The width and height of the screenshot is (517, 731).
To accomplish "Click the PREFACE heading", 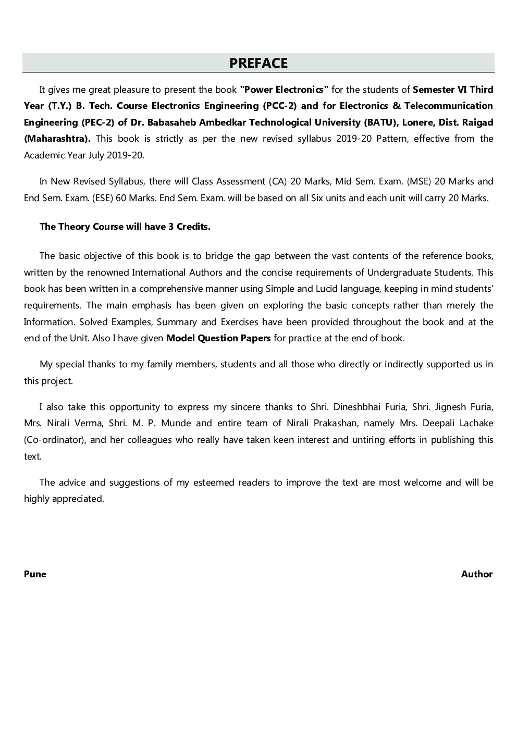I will tap(258, 63).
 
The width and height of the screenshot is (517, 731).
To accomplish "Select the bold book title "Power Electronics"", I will tap(284, 90).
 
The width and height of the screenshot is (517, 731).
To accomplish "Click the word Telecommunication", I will tap(449, 106).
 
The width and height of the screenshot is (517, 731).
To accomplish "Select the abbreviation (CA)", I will tap(278, 181).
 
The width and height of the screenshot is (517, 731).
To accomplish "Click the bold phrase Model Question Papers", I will tap(218, 338).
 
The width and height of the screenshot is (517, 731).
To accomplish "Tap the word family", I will tap(159, 364).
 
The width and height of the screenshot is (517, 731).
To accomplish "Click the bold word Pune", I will tap(35, 574).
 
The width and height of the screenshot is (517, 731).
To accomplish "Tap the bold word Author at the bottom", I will tap(476, 574).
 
